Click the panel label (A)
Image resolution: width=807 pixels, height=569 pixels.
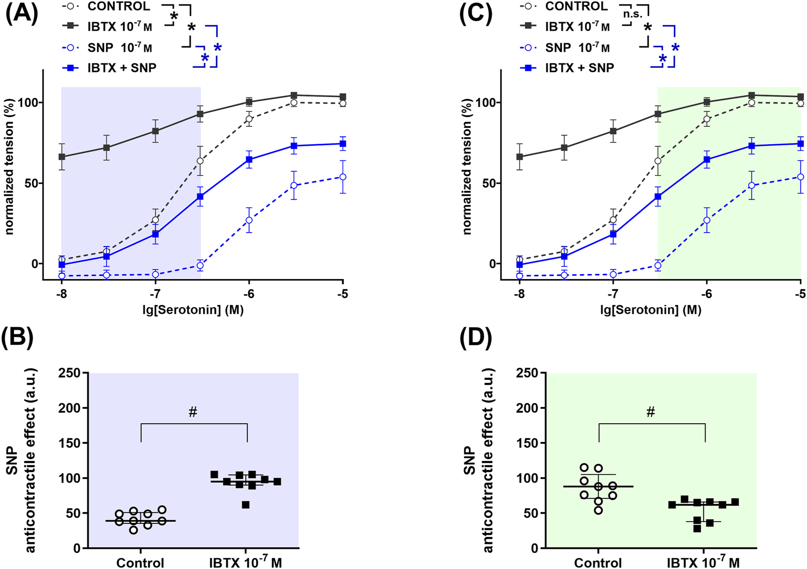[x=22, y=14]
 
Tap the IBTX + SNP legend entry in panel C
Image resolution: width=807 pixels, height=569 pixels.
[x=579, y=68]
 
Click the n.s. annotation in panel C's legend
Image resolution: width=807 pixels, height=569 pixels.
[x=633, y=14]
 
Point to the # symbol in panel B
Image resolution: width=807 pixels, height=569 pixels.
[x=193, y=413]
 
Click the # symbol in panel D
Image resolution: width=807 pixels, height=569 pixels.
[x=651, y=413]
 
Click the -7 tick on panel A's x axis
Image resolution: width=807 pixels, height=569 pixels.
[x=155, y=294]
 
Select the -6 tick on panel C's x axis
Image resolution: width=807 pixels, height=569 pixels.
[x=706, y=294]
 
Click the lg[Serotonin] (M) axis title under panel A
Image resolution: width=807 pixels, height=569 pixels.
[x=193, y=310]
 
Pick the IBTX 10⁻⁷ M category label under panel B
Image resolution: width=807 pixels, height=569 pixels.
[x=245, y=563]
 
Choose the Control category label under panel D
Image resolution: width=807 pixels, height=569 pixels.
[x=598, y=563]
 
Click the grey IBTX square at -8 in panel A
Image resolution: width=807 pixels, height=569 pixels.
[x=62, y=157]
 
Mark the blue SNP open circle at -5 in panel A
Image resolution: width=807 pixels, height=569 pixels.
[x=343, y=177]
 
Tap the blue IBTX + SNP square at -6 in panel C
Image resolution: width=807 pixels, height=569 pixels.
[x=707, y=159]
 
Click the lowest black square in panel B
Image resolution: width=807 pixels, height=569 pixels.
[x=246, y=505]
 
